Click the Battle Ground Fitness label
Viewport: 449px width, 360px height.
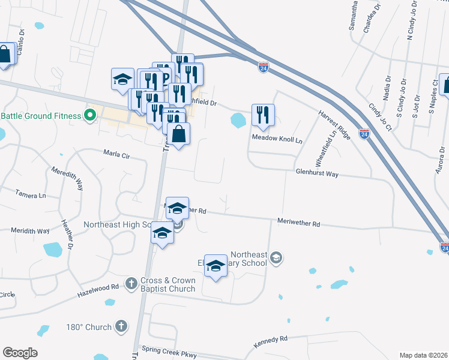41,116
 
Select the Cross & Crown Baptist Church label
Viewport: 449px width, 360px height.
168,284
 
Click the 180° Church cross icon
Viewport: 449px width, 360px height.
121,326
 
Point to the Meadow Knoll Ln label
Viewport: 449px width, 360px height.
277,137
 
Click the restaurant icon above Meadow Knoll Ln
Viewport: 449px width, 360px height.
263,115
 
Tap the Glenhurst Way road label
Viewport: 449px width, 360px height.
317,174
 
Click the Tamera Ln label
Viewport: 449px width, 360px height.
31,195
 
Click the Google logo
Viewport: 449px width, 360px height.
20,353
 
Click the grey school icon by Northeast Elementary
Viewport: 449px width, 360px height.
276,259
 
